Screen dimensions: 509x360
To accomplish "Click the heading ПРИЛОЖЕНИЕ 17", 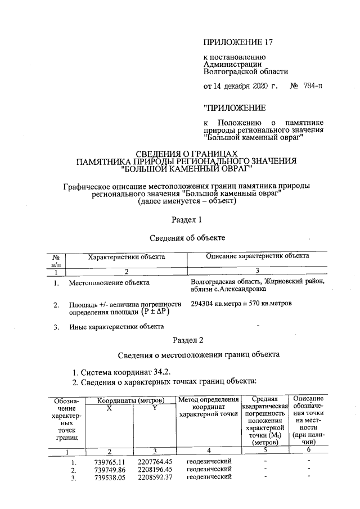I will pos(238,43).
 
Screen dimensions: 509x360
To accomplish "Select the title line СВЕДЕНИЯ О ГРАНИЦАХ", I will pos(187,154).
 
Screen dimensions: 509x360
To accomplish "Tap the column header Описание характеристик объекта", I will pos(258,256).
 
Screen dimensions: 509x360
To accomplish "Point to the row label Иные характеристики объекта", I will pos(116,327).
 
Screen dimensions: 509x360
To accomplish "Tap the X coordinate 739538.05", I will pos(109,478).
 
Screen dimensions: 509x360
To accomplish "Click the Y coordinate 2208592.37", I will pos(155,478).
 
